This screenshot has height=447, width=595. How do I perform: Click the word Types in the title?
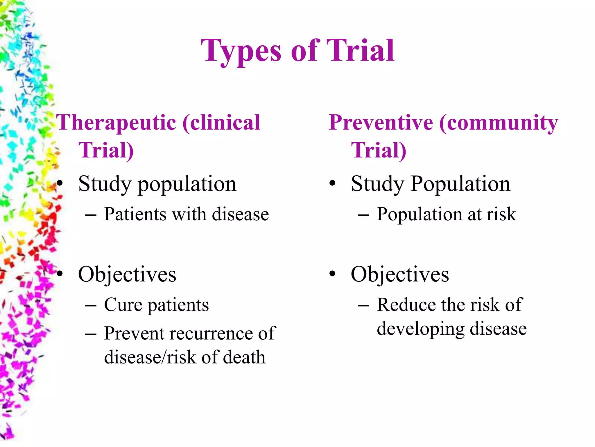tap(241, 52)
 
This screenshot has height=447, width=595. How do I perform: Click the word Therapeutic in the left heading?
tap(116, 123)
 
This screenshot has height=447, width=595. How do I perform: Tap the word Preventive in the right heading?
tap(381, 123)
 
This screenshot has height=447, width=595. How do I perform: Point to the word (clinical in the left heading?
tap(221, 123)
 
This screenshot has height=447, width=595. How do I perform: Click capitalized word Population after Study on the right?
tap(460, 184)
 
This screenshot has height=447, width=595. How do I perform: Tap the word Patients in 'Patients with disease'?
tap(135, 214)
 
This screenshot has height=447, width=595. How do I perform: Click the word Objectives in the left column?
tap(127, 274)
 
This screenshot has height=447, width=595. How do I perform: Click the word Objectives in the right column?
tap(400, 274)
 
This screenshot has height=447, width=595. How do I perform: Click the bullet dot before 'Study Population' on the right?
tap(332, 184)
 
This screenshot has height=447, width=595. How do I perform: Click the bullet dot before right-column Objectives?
tap(332, 274)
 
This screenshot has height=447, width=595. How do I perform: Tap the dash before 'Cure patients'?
tap(91, 306)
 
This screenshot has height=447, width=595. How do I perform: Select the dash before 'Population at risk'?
tap(363, 216)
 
